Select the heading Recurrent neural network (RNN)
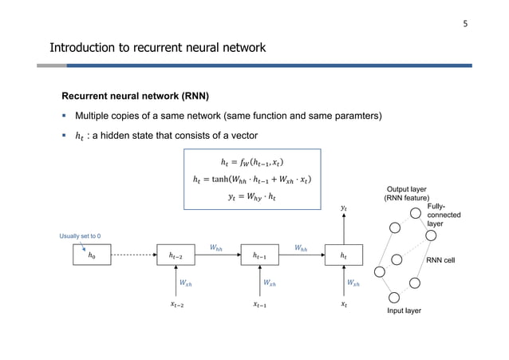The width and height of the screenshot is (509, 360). (131, 97)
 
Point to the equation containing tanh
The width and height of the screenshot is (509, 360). (252, 178)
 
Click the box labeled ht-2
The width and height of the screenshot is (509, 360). (180, 255)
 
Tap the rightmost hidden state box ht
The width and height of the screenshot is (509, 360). (344, 255)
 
